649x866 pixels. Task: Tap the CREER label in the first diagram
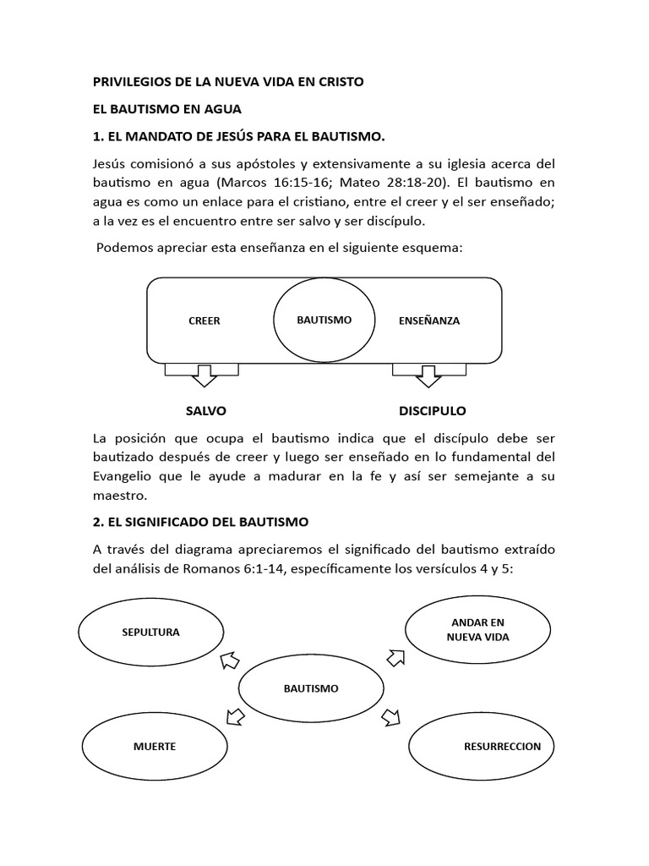tap(205, 321)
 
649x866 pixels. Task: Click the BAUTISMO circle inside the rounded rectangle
tap(324, 321)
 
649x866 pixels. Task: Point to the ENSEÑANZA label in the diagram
tap(428, 321)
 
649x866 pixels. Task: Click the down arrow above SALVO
tap(203, 374)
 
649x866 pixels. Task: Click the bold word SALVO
tap(205, 411)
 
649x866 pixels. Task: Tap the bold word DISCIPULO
tap(432, 411)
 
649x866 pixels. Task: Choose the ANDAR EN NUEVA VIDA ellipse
tap(477, 629)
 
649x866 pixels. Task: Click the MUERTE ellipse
tap(154, 747)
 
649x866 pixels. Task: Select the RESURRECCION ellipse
tap(480, 747)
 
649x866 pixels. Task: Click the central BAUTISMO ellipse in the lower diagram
tap(310, 688)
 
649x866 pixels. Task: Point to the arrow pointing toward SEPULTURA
tap(228, 660)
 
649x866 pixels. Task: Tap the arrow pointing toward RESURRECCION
tap(390, 718)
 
